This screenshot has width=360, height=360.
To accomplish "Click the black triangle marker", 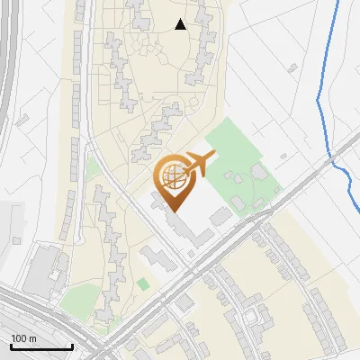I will pos(180,24).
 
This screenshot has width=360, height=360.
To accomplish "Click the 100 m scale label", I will pos(22,338).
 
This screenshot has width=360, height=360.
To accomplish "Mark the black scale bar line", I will pos(41,347).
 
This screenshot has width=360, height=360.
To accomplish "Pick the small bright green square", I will pos(143,284).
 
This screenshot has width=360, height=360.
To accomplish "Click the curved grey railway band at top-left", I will pos(7,72).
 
